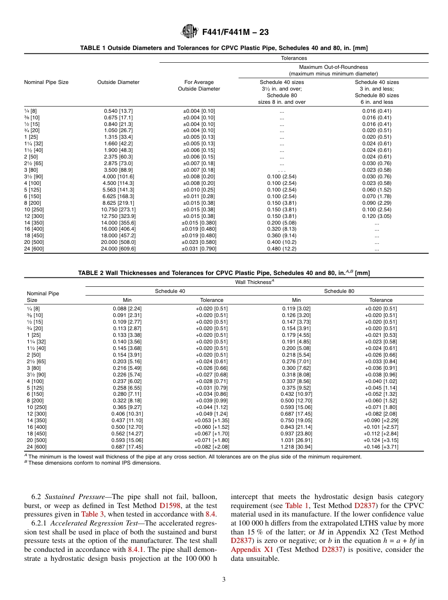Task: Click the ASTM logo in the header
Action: (190, 32)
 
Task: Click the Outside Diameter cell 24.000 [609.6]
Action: (118, 249)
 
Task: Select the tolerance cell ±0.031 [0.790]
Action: (199, 249)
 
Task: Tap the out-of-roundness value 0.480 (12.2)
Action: (282, 249)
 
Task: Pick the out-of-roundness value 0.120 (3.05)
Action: (376, 216)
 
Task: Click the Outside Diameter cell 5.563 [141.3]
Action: (118, 190)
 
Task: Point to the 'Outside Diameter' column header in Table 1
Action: (118, 82)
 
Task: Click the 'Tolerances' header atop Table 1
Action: (294, 58)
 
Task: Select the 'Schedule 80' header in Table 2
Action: (339, 291)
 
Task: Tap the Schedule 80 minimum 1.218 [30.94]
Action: (296, 447)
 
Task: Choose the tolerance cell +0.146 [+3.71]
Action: (381, 447)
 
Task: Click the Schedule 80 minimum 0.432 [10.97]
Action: (296, 393)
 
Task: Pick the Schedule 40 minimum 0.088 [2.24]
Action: (127, 308)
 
